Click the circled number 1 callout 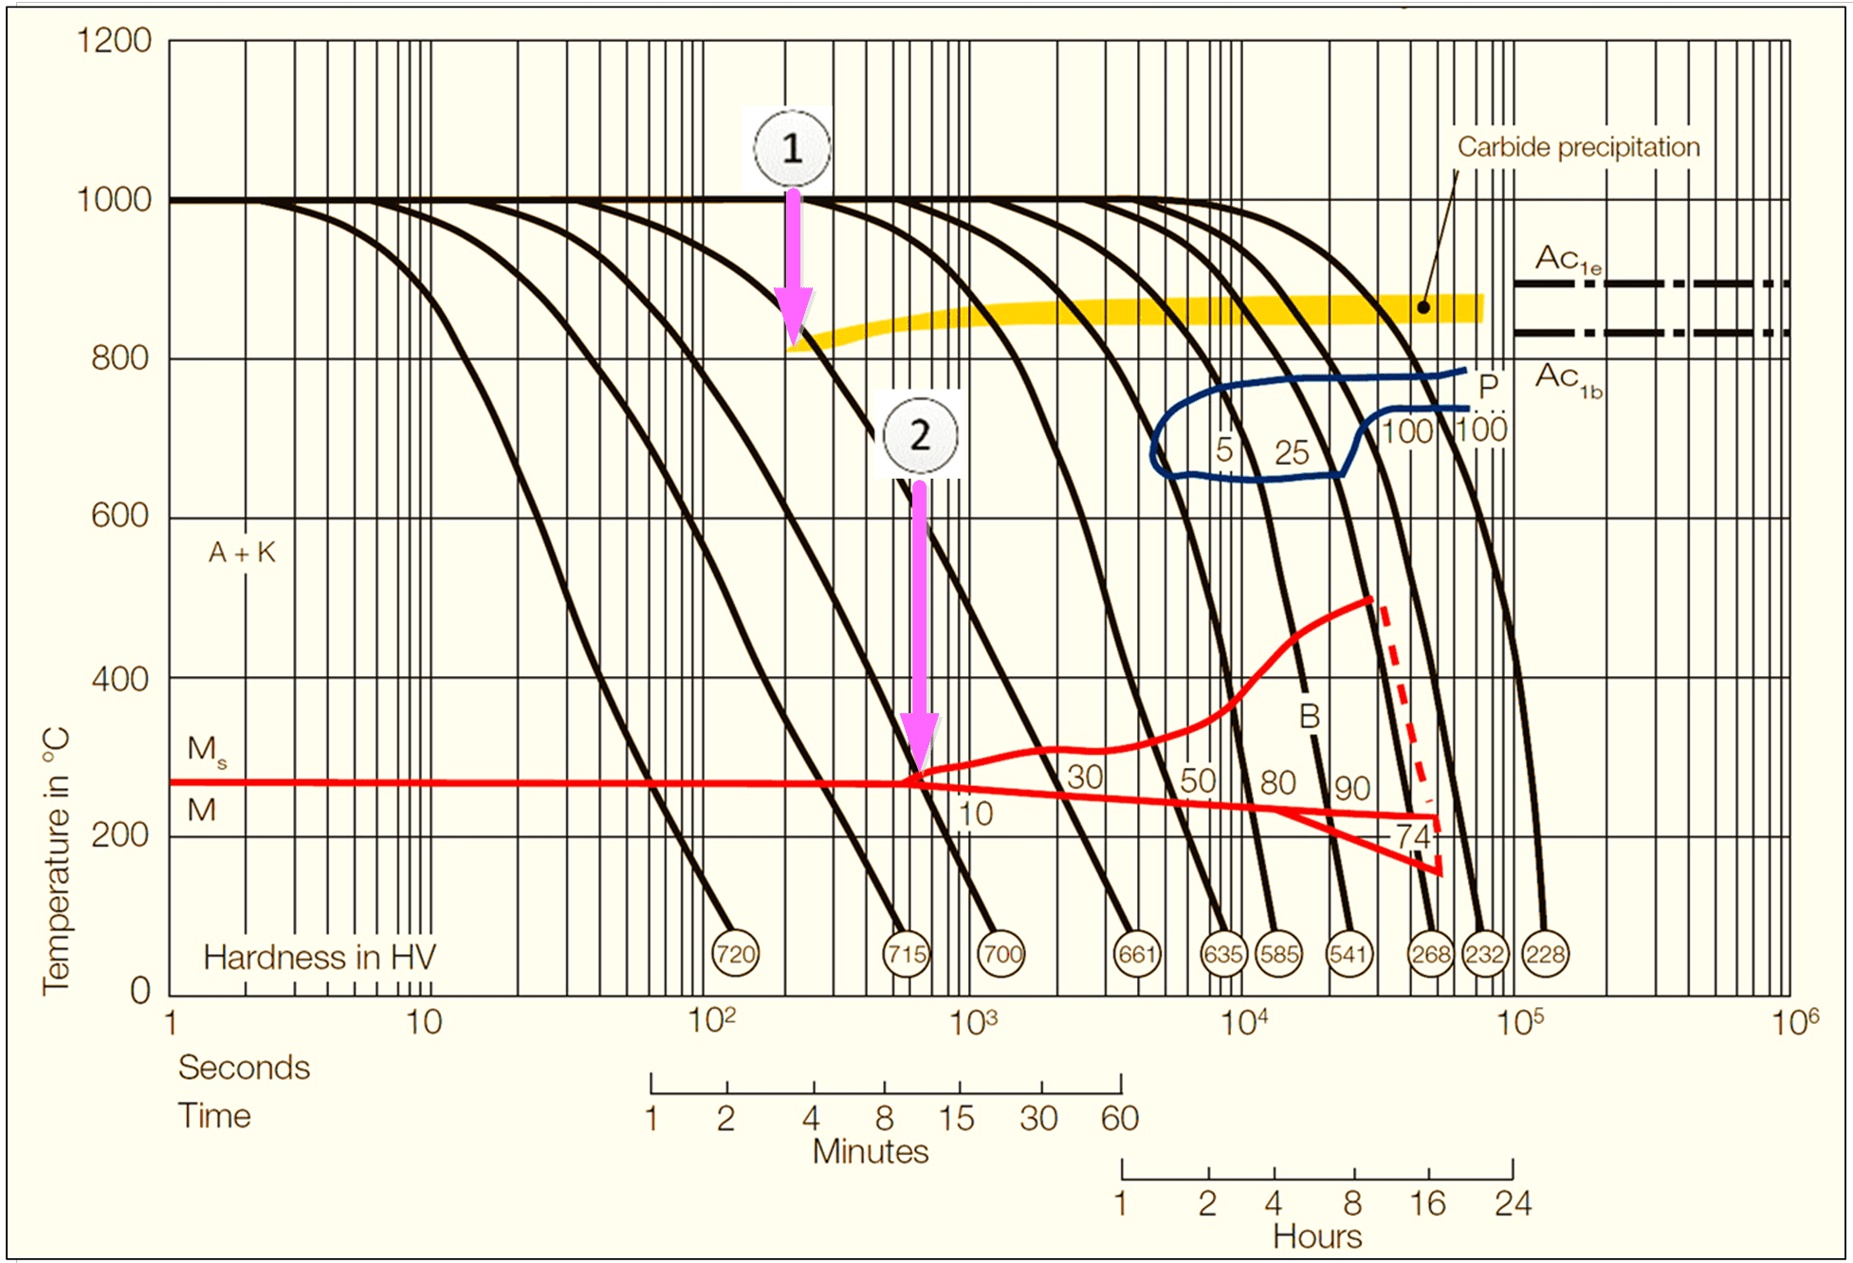[792, 149]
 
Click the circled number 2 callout [920, 436]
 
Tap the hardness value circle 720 [735, 954]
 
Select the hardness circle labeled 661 [1136, 954]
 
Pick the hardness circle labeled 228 [1545, 954]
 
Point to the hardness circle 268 [1430, 954]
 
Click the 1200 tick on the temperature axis [114, 41]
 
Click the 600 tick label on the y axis [119, 516]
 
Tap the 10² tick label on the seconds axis [711, 1022]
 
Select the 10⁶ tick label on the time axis [1795, 1022]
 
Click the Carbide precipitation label [1578, 147]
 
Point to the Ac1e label [1568, 259]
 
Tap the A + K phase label [242, 553]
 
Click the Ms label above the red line [207, 750]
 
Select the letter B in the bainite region [1309, 717]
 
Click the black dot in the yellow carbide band [1423, 307]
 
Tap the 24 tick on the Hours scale [1513, 1204]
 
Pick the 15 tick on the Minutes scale [957, 1119]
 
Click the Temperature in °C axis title [56, 861]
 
